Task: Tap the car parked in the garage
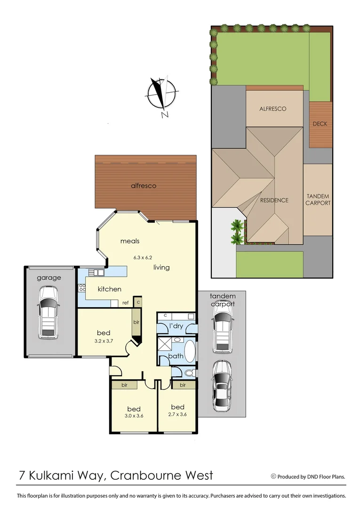click(48, 313)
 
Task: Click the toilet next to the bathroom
click(189, 373)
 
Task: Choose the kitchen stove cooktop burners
click(82, 287)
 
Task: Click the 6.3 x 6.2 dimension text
click(144, 258)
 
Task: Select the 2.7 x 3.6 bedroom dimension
click(177, 415)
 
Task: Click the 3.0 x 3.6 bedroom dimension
click(134, 416)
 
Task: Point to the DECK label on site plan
click(320, 124)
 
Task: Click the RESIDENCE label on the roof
click(274, 200)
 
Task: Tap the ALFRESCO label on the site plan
click(273, 109)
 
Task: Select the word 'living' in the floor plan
click(161, 267)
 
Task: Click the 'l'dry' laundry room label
click(176, 325)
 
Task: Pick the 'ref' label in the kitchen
click(126, 303)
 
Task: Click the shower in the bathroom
click(165, 345)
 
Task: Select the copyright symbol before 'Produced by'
click(273, 476)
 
